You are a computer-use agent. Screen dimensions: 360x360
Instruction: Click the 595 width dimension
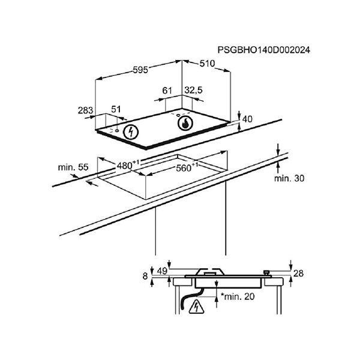[139, 70]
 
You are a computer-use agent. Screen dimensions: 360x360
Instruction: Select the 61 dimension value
[168, 91]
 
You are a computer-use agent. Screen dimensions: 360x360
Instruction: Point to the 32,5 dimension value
[193, 91]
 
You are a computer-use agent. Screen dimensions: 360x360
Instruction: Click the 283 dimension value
[86, 110]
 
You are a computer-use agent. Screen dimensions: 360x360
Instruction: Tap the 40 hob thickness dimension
[248, 119]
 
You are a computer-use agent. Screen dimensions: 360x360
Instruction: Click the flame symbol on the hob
[186, 124]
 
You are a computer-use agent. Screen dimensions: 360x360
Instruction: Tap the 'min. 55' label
[73, 166]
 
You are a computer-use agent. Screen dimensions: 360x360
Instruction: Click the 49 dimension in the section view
[161, 272]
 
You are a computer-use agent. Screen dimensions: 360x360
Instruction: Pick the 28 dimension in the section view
[299, 274]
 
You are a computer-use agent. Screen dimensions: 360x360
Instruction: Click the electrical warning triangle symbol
[195, 308]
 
